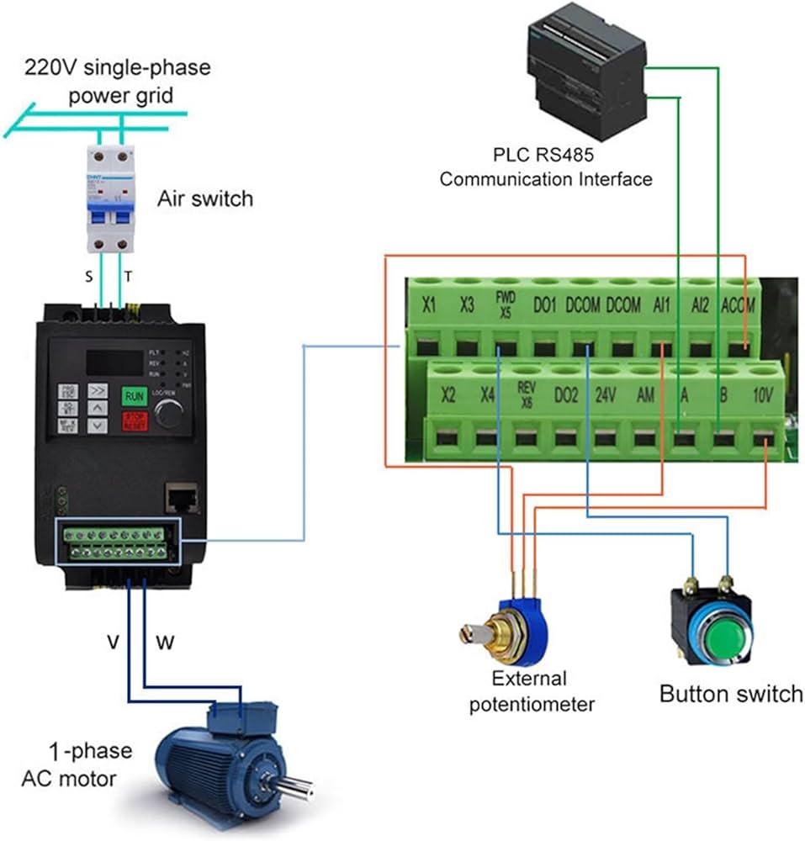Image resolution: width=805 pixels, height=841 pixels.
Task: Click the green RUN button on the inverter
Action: tap(135, 395)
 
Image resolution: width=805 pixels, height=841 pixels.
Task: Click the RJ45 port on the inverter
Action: tap(183, 496)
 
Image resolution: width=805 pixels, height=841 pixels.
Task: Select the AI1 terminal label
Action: tap(662, 306)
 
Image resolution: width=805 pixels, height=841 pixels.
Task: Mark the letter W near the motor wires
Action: tap(166, 643)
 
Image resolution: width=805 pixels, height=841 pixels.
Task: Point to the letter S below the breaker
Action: tap(89, 276)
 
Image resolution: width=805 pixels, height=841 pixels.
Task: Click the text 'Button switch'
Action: tap(730, 695)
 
